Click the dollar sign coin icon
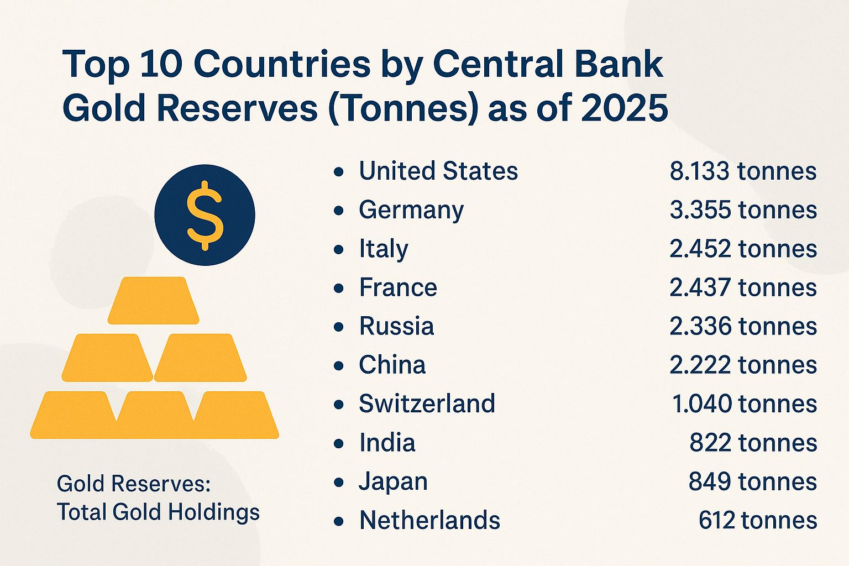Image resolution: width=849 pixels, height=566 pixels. [205, 215]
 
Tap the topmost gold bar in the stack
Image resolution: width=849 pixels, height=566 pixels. [153, 300]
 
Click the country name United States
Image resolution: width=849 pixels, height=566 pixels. [438, 171]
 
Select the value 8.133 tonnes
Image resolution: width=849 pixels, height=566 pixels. [743, 171]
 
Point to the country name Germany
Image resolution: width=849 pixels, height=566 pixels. [411, 211]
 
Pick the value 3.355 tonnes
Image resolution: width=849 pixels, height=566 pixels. [743, 210]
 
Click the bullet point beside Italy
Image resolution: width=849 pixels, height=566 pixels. [339, 250]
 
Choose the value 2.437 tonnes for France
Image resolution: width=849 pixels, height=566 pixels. [743, 288]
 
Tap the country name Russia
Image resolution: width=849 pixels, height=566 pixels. [396, 326]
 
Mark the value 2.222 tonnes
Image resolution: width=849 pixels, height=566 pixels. [743, 365]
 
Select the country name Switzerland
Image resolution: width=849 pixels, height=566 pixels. [427, 404]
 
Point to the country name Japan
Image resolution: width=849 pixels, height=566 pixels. [393, 482]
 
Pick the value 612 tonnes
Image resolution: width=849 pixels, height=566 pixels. [757, 521]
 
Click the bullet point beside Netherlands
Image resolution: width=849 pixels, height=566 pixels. [339, 521]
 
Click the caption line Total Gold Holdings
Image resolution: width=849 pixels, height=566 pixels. [158, 512]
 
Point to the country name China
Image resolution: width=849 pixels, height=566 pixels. [392, 365]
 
